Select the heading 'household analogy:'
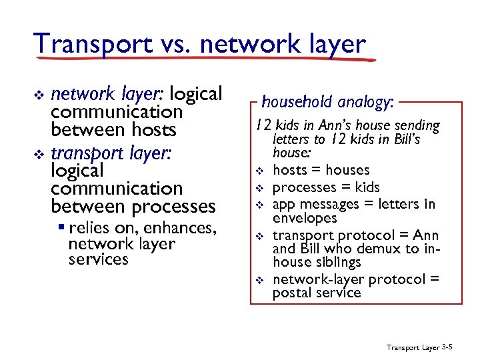point(328,102)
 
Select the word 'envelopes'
point(305,218)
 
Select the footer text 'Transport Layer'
point(413,347)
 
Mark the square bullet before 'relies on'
point(61,229)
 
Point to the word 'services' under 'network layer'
point(99,259)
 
